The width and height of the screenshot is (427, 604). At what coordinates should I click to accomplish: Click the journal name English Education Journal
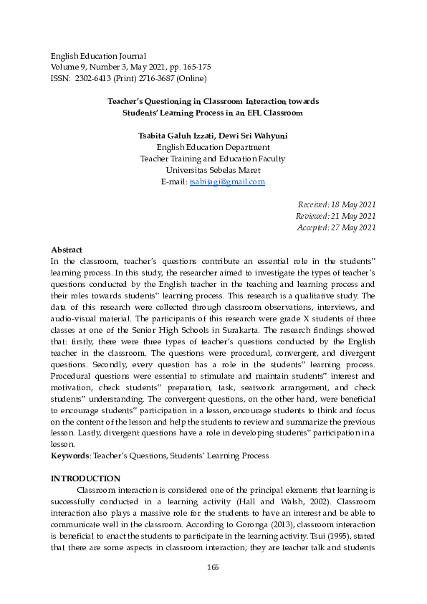[x=98, y=56]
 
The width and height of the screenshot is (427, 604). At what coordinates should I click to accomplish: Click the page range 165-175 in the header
[x=196, y=67]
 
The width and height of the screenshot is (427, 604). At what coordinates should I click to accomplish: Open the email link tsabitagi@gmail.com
[x=227, y=182]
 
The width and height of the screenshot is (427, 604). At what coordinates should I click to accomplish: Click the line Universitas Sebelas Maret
[x=213, y=171]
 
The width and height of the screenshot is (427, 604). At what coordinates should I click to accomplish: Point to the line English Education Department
[x=213, y=147]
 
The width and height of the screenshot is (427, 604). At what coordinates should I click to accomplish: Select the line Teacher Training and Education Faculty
[x=213, y=159]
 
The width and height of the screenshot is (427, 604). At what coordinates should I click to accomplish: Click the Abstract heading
[x=67, y=250]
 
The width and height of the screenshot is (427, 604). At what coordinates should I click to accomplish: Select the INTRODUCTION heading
[x=85, y=478]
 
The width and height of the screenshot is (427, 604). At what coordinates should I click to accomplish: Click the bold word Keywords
[x=69, y=456]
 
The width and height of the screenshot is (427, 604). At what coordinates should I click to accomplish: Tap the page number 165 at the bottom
[x=213, y=567]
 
